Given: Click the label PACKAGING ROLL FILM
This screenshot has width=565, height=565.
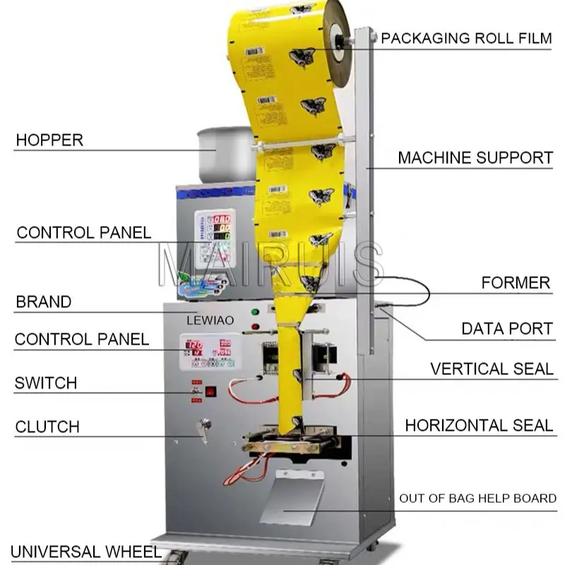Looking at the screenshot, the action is click(x=466, y=38).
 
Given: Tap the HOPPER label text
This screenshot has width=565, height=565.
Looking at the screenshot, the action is click(x=49, y=140).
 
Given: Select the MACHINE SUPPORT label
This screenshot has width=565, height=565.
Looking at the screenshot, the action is click(x=475, y=157).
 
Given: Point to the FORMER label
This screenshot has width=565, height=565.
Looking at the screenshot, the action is click(x=516, y=283).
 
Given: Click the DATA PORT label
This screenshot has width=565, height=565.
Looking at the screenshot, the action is click(x=506, y=328).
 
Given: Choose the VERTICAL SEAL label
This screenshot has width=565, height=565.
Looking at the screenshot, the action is click(x=492, y=369).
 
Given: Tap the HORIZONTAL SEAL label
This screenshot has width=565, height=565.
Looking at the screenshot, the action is click(x=478, y=425).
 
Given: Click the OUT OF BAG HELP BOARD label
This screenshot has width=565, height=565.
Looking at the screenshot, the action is click(x=477, y=499).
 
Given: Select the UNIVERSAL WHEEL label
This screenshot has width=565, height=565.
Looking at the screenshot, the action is click(x=85, y=551).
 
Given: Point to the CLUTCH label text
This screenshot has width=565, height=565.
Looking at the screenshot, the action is click(x=47, y=427).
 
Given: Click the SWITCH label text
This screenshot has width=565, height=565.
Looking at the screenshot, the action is click(x=46, y=383).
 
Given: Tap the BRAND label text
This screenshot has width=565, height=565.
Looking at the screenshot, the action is click(x=44, y=302).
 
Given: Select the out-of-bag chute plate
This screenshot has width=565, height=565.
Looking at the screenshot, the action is click(x=291, y=497).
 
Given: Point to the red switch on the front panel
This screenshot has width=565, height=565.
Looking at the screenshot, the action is click(x=210, y=391).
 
